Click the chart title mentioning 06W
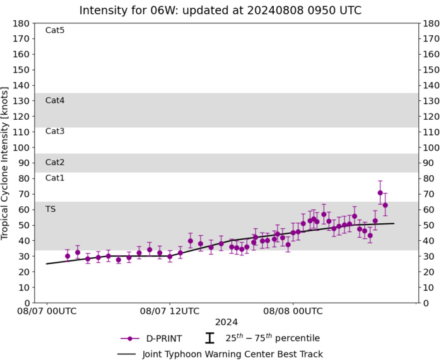220,10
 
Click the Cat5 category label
55,30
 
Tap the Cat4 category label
55,100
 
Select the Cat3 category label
55,131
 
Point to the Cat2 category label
55,163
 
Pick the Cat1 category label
55,178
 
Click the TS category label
50,209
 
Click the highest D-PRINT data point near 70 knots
380,193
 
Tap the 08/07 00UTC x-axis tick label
47,311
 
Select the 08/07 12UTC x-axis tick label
170,311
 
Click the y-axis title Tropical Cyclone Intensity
6,163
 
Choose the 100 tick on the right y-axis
430,148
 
